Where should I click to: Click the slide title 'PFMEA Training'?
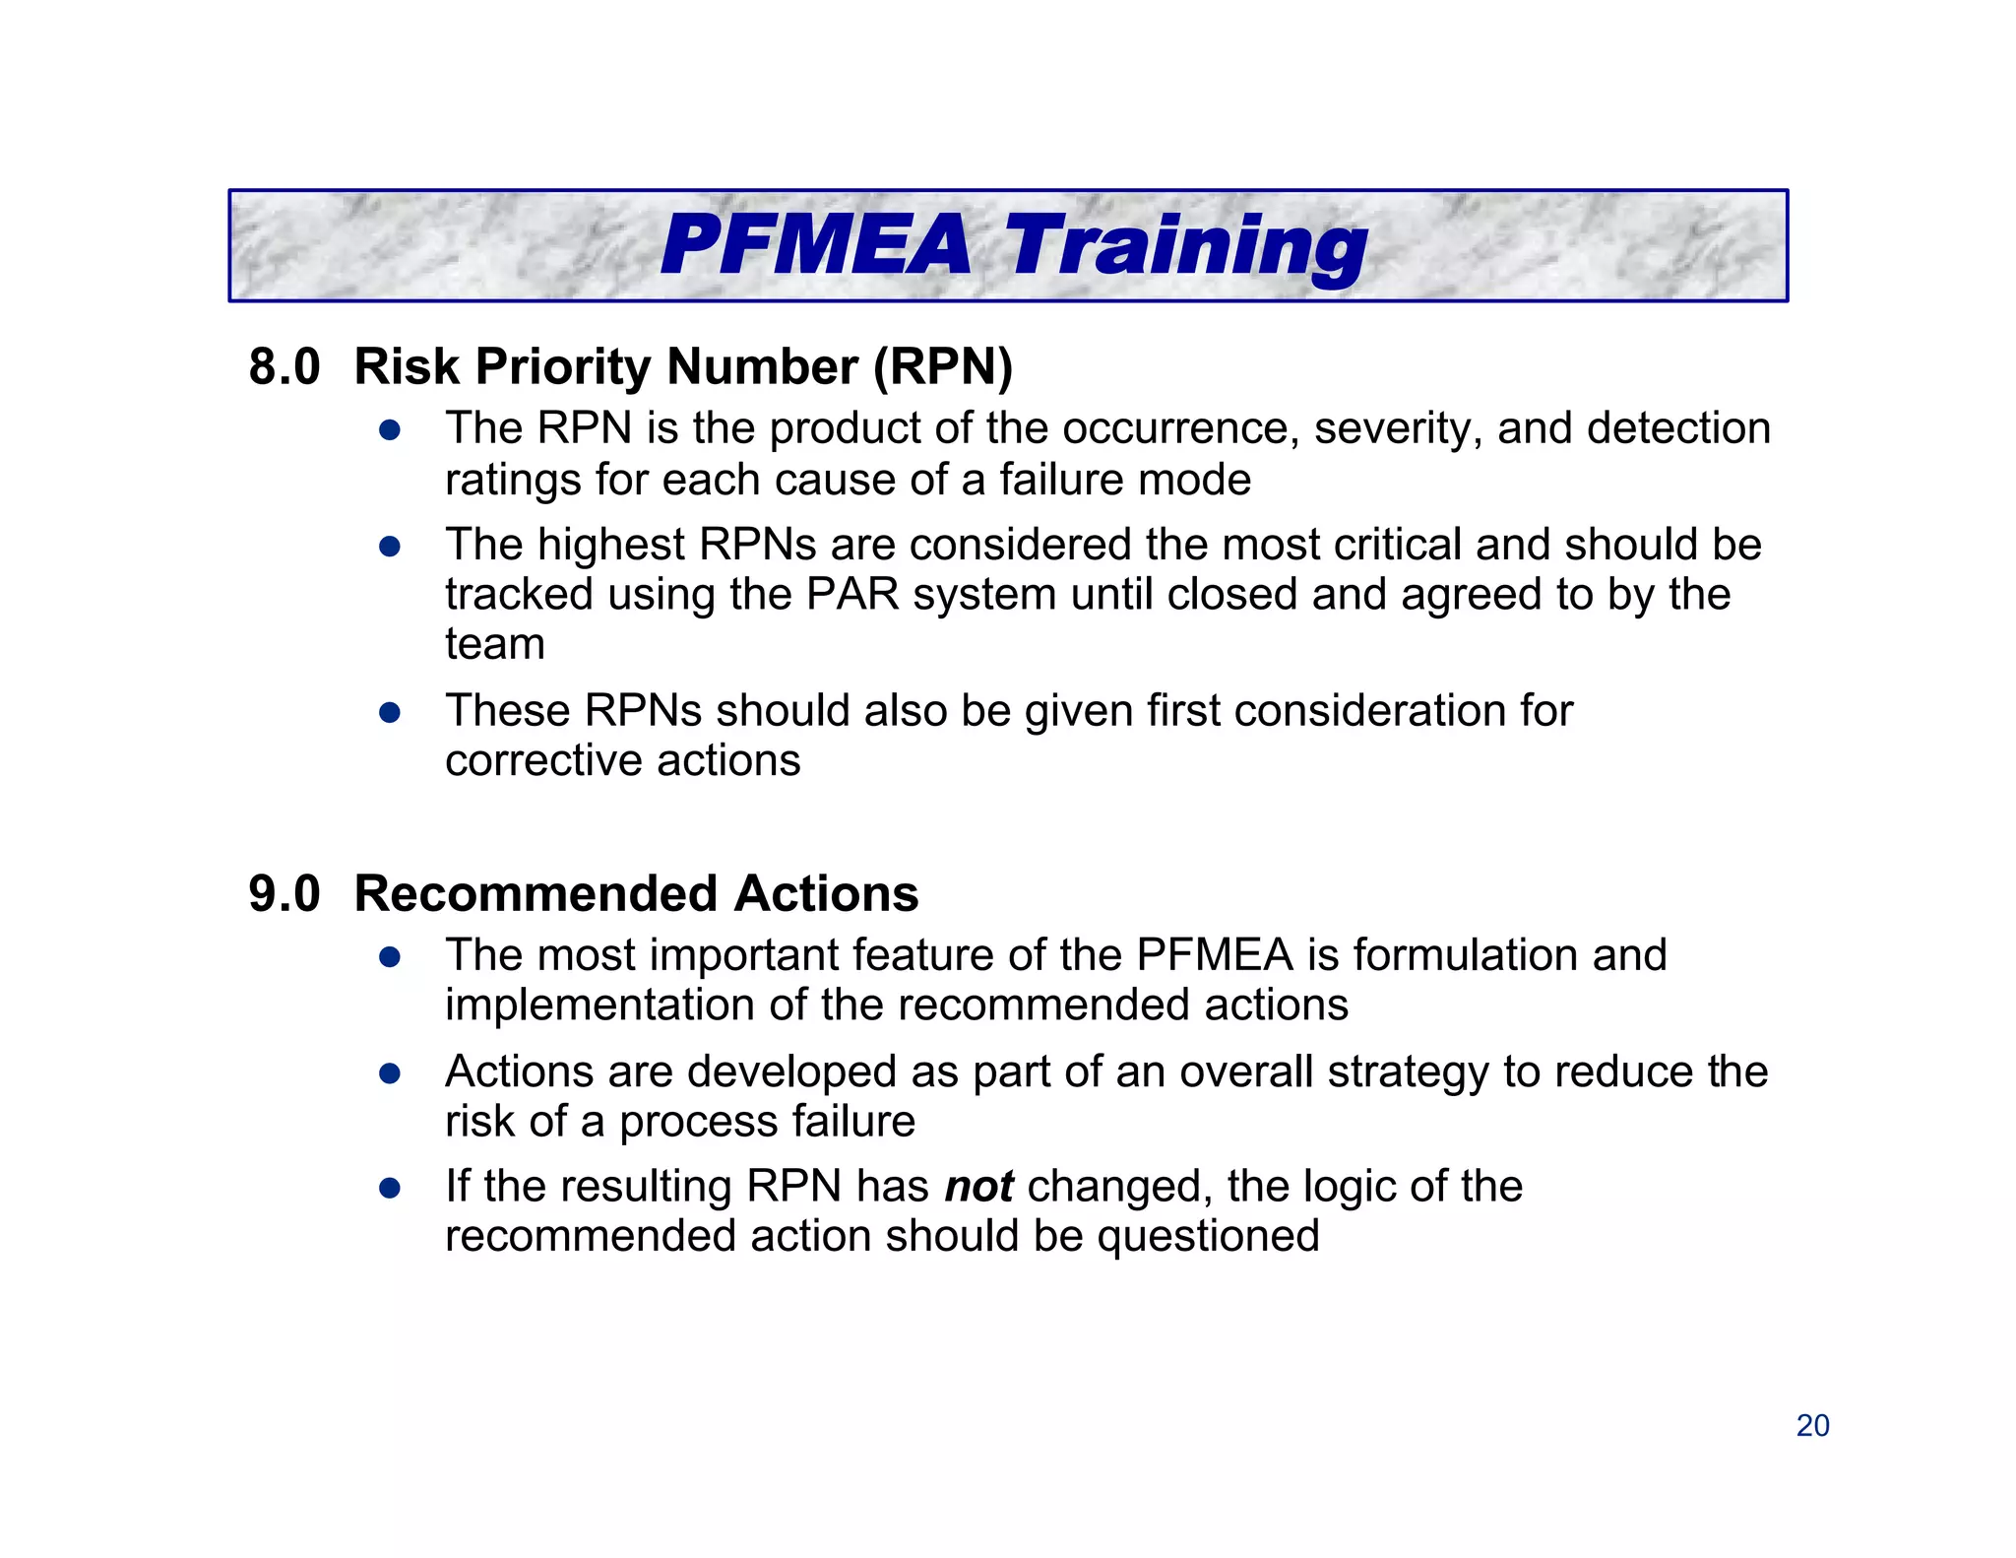1013,246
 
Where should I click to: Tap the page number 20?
1812,1425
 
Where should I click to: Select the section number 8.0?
284,366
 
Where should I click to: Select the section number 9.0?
284,893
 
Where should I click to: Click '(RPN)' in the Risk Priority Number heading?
943,366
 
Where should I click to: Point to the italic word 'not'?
978,1186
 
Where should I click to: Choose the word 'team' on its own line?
495,644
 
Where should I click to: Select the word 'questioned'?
1208,1236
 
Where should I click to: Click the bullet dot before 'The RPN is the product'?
390,430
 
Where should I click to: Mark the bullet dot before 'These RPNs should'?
390,712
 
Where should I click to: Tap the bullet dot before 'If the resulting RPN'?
390,1188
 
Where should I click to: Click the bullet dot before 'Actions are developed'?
390,1073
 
